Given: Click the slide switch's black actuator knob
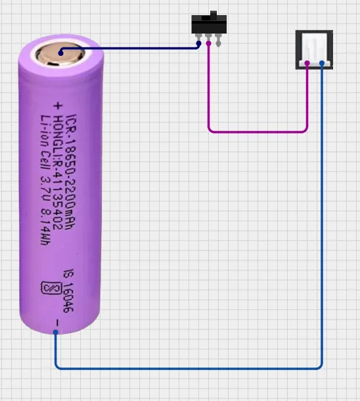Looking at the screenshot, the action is tap(214, 13).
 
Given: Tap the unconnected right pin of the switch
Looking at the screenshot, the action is tap(218, 40).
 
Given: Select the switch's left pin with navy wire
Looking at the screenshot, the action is tap(198, 39).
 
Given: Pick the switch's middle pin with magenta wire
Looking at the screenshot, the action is tap(208, 39).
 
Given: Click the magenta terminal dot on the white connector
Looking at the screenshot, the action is tap(307, 63).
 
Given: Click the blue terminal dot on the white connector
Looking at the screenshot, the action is tap(322, 63).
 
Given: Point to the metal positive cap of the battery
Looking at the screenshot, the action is tap(60, 55).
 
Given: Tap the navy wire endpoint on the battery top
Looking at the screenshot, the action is tap(60, 53).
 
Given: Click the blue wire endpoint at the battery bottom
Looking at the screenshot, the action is tap(55, 332).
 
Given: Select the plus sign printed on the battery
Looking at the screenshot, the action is tap(58, 105).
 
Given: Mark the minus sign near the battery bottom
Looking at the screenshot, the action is tap(58, 323).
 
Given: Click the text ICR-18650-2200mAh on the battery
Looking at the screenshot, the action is tap(71, 172).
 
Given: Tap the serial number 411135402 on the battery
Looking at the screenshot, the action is tap(58, 200).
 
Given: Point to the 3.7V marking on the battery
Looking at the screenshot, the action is tap(45, 189).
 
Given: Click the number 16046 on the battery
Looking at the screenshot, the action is tap(68, 297).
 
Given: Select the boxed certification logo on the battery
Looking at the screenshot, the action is tap(51, 288).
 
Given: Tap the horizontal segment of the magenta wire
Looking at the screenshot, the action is tap(258, 132).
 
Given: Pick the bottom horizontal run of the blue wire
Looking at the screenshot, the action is tap(189, 369).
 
